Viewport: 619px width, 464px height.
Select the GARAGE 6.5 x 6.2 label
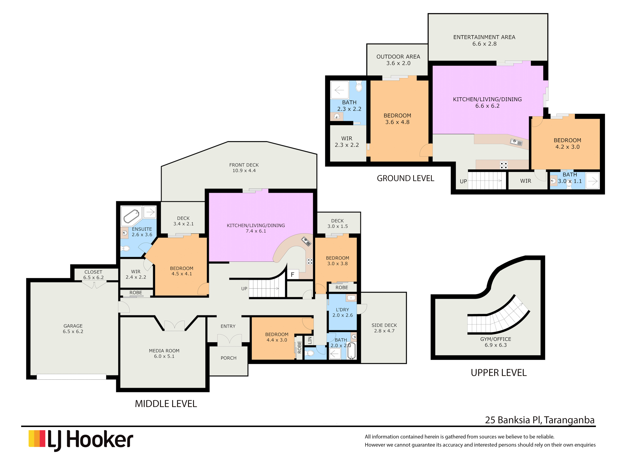73,329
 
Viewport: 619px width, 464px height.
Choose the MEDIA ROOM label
164,351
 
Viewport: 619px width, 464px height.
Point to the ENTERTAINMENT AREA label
484,37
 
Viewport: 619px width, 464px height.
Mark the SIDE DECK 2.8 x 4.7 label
384,328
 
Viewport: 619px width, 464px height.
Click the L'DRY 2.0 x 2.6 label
343,312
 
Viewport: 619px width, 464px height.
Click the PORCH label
229,358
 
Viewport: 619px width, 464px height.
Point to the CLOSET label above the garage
93,272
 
